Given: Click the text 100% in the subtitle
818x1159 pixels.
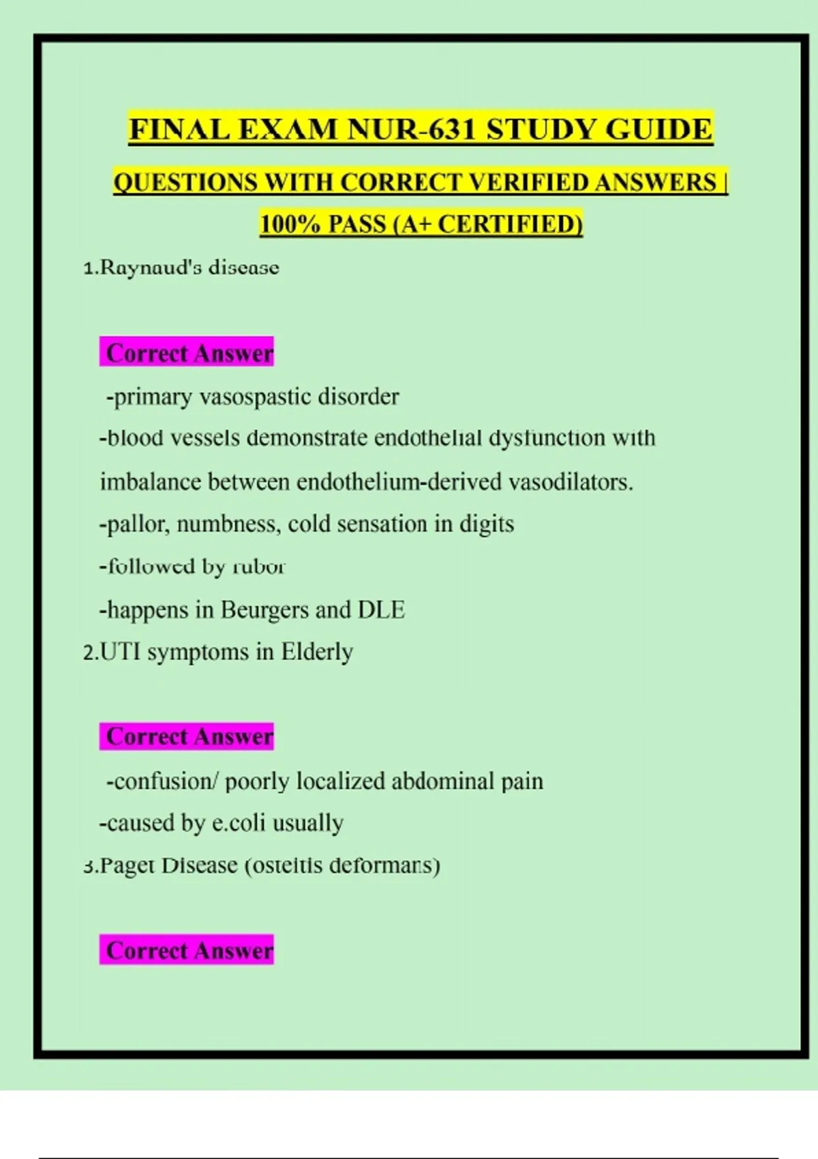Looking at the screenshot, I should pyautogui.click(x=290, y=224).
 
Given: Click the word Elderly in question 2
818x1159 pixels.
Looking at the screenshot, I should pyautogui.click(x=317, y=652).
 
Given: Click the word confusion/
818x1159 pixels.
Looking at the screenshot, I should pyautogui.click(x=162, y=781).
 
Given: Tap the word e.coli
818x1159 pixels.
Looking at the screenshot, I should pyautogui.click(x=239, y=824).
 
